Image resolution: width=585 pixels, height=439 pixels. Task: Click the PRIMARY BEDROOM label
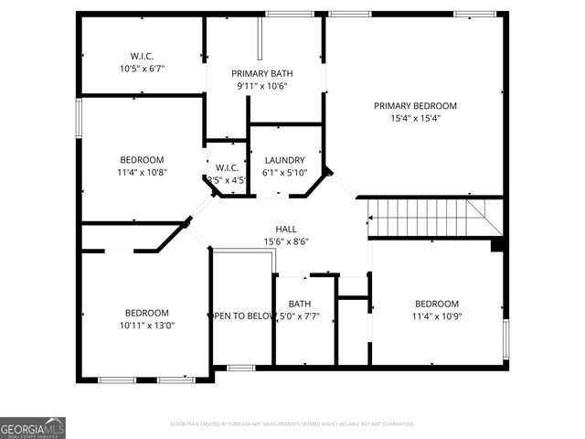click(x=415, y=105)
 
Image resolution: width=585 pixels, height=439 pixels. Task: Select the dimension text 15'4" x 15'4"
click(x=415, y=118)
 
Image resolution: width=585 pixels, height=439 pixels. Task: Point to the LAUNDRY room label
click(x=283, y=159)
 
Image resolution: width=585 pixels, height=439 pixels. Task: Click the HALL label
click(x=286, y=229)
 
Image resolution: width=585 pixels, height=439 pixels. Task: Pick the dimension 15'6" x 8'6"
click(x=286, y=241)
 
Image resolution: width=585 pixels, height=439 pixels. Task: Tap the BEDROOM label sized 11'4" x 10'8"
click(x=141, y=159)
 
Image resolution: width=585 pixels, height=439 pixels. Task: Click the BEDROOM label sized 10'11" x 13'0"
click(x=147, y=312)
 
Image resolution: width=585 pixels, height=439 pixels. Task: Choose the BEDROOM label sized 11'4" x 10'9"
click(x=437, y=304)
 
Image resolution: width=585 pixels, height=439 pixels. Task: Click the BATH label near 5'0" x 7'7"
click(x=300, y=305)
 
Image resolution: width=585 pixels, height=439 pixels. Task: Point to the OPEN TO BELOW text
click(x=243, y=316)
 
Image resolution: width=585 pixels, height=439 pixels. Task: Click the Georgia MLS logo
click(x=33, y=427)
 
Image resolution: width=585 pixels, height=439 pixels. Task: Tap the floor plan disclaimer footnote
click(x=292, y=423)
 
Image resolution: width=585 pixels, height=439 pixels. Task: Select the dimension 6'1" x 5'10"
click(x=283, y=172)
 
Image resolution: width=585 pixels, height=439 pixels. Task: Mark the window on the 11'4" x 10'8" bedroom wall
click(x=80, y=118)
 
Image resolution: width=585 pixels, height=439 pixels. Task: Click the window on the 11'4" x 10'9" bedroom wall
click(x=505, y=337)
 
